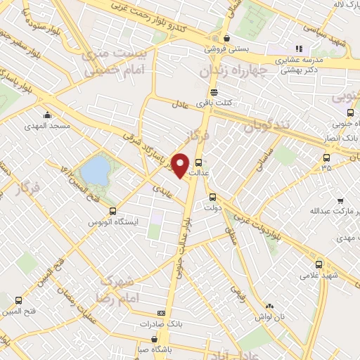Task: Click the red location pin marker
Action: click(x=181, y=165)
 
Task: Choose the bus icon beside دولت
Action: click(x=212, y=198)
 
